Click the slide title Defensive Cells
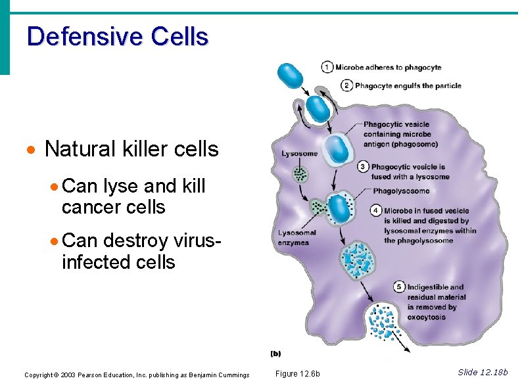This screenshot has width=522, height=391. (x=118, y=36)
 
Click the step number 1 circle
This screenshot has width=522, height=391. (x=327, y=67)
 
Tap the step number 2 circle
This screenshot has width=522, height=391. (x=346, y=85)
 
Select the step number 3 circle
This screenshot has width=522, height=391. (x=363, y=167)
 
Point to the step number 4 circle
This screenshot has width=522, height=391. (x=375, y=211)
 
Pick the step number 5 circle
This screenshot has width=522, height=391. (x=399, y=287)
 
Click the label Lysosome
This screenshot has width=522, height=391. (x=299, y=154)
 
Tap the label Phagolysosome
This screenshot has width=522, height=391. (x=401, y=191)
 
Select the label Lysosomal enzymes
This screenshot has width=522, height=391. (x=297, y=237)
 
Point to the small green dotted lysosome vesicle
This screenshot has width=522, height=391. (x=300, y=174)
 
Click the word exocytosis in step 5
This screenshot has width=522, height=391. (x=426, y=317)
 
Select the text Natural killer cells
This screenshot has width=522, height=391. (x=131, y=149)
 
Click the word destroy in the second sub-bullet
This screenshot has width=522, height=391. (x=137, y=241)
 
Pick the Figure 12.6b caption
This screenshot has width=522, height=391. (x=297, y=374)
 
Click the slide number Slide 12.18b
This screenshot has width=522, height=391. (x=482, y=373)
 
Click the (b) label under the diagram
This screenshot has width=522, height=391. (x=276, y=354)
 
